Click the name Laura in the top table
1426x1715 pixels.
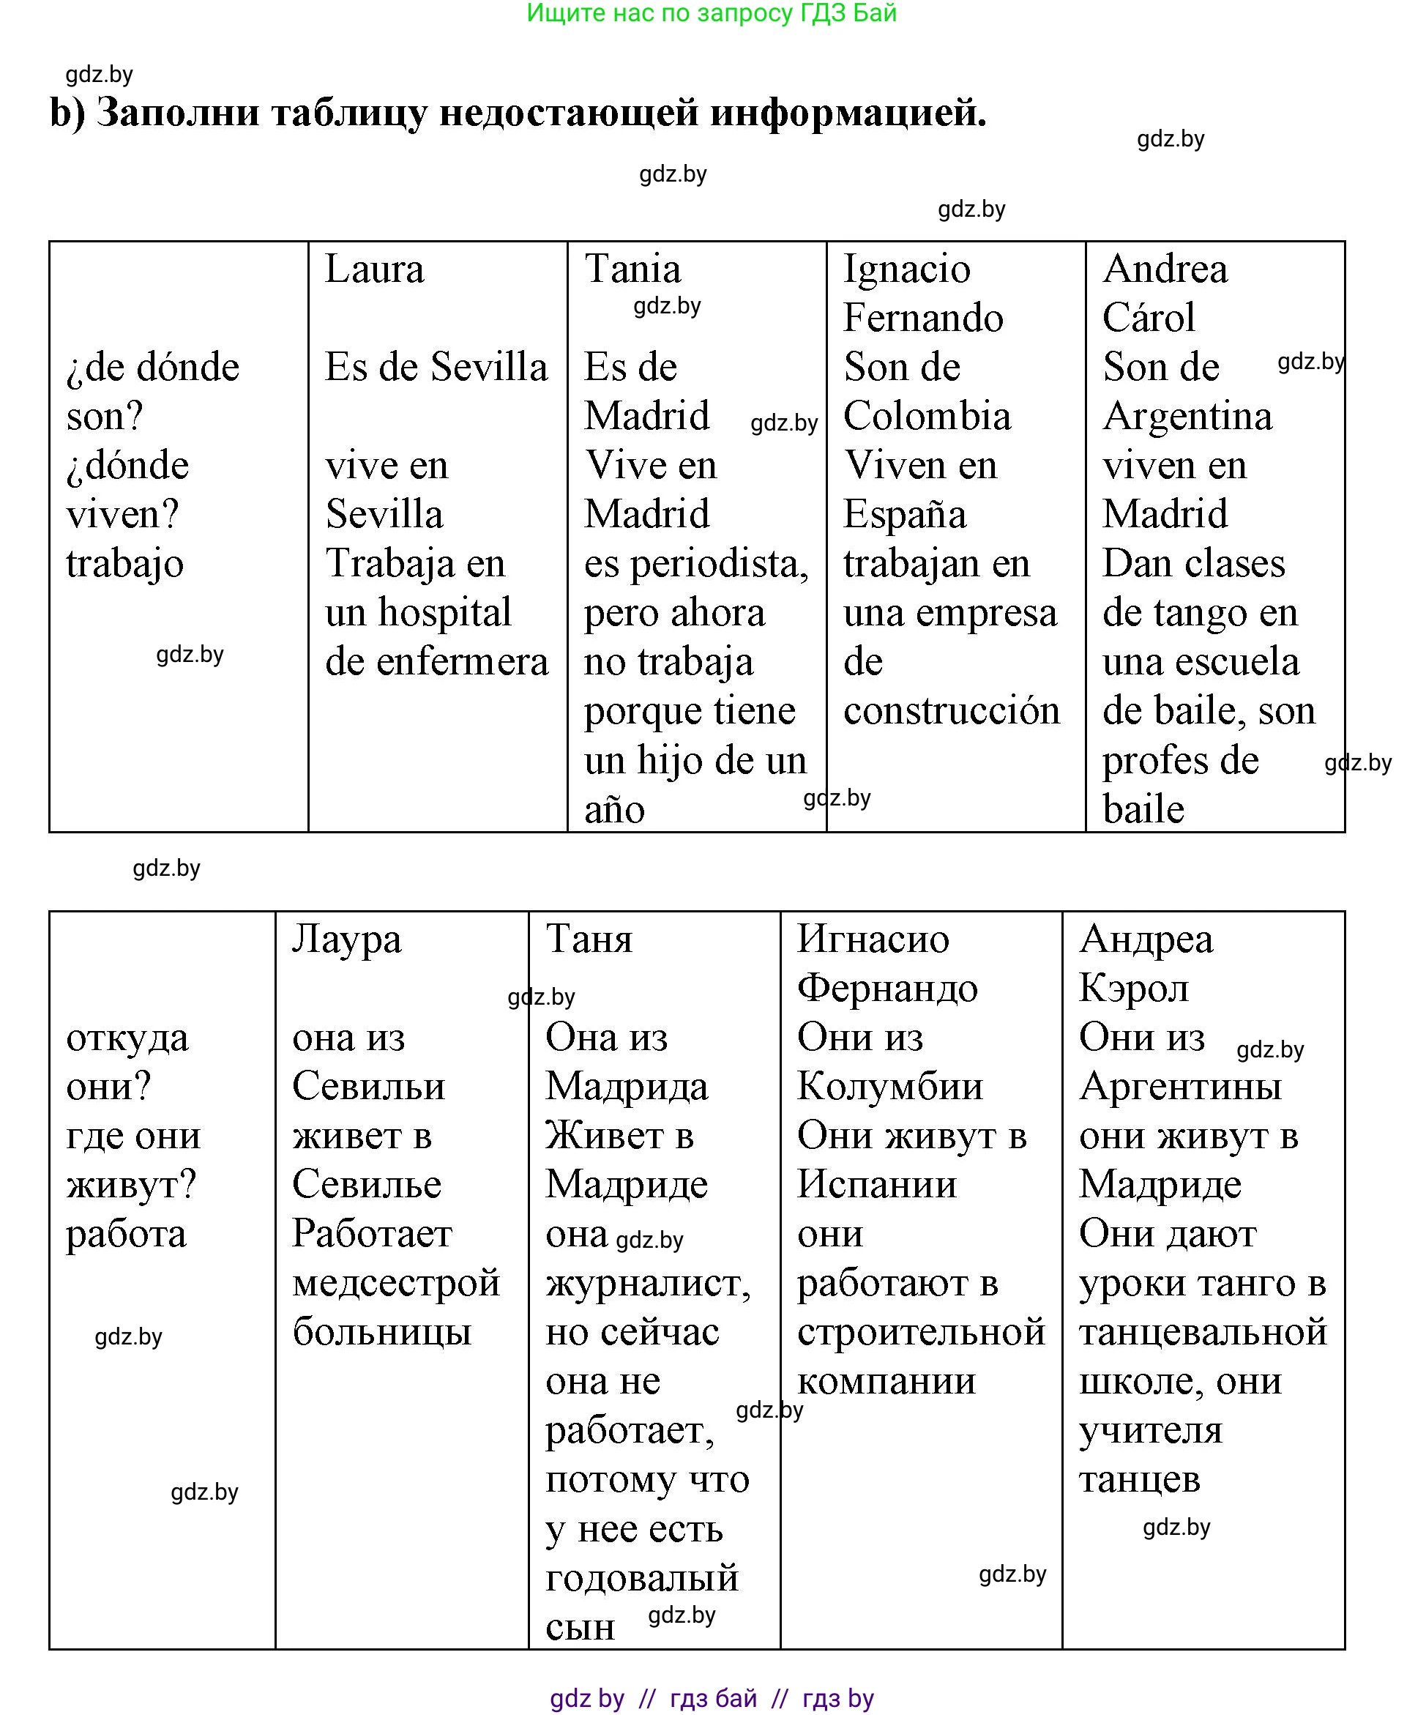pos(375,269)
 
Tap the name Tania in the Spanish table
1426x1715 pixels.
pos(632,269)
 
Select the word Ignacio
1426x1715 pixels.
pos(907,269)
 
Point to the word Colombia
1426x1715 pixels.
pos(927,417)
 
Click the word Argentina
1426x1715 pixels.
pos(1187,417)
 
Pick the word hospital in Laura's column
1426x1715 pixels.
pos(445,612)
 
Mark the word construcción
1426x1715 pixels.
pos(952,710)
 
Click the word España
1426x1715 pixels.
pos(904,516)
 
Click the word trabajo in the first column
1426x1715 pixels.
pos(125,565)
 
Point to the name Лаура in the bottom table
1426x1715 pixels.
pos(347,940)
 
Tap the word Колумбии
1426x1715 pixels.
pos(889,1087)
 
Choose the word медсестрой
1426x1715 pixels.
pos(397,1283)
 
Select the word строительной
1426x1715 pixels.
pos(922,1332)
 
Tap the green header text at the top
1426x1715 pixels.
pos(712,13)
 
